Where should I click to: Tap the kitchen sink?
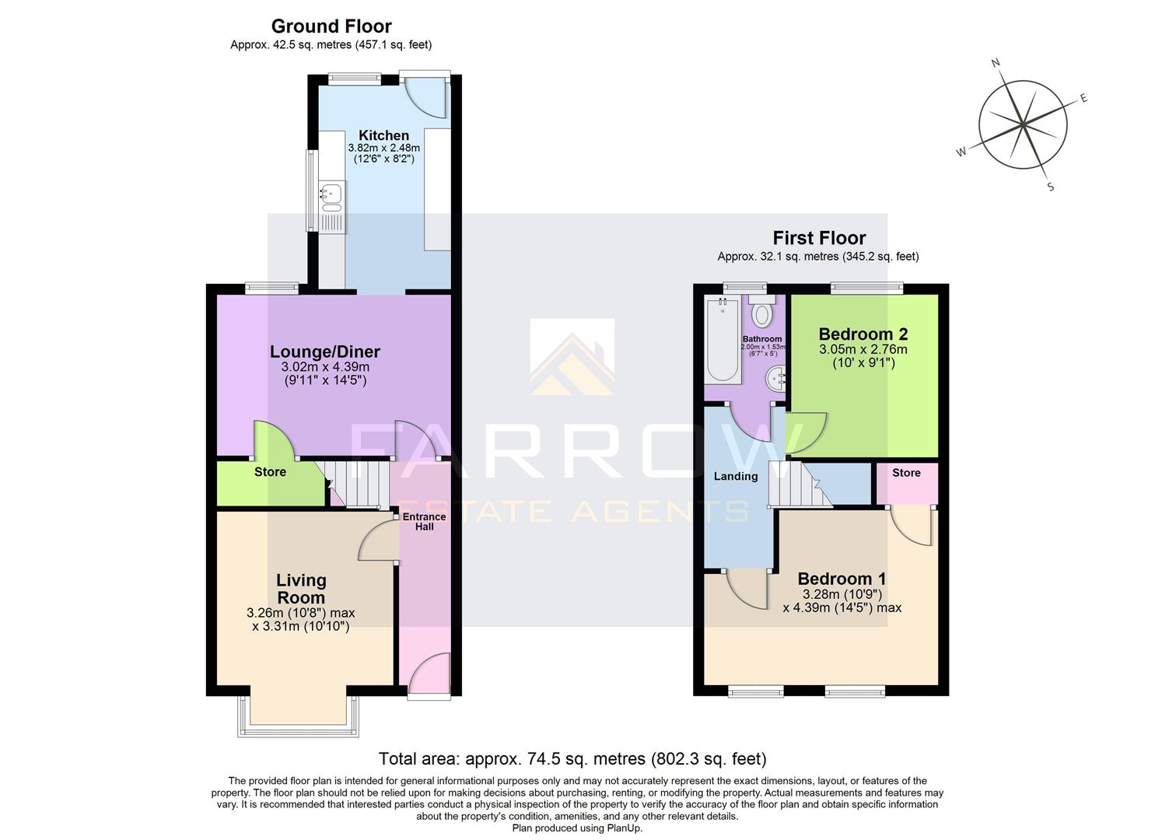point(331,198)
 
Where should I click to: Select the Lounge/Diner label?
point(324,352)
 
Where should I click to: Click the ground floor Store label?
point(270,472)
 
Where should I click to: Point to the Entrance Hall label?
point(424,521)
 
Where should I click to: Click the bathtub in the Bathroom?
point(723,342)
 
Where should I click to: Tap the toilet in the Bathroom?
point(762,313)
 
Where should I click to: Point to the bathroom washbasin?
point(777,379)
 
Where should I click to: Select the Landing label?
point(735,476)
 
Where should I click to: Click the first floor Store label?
point(906,473)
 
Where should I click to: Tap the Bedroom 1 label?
point(842,579)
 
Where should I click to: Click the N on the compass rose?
point(995,63)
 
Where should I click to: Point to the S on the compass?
point(1050,187)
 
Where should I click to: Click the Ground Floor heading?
point(331,26)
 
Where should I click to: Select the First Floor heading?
point(818,238)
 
